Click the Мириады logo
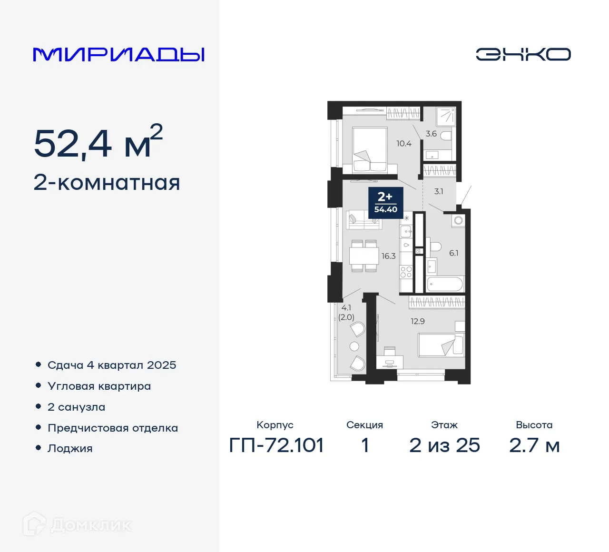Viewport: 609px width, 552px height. pyautogui.click(x=118, y=55)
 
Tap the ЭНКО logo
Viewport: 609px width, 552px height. pyautogui.click(x=523, y=54)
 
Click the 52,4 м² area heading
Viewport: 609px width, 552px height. pyautogui.click(x=98, y=142)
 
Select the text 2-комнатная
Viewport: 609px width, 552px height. pyautogui.click(x=107, y=183)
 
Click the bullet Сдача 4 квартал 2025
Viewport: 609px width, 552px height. pyautogui.click(x=112, y=365)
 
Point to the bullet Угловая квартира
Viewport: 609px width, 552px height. pyautogui.click(x=99, y=386)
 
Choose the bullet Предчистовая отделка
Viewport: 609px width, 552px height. pyautogui.click(x=113, y=428)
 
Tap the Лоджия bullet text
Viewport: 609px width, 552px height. pyautogui.click(x=70, y=448)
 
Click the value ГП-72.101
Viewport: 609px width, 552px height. pyautogui.click(x=276, y=445)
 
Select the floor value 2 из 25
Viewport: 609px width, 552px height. pyautogui.click(x=444, y=445)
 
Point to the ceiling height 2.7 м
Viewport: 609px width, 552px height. pyautogui.click(x=534, y=445)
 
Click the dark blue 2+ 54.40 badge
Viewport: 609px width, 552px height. pyautogui.click(x=386, y=202)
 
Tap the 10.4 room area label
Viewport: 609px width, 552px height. pyautogui.click(x=403, y=143)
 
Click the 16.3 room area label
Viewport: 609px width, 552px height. pyautogui.click(x=388, y=256)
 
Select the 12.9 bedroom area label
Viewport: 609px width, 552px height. pyautogui.click(x=417, y=321)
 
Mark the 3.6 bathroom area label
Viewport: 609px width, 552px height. pyautogui.click(x=431, y=134)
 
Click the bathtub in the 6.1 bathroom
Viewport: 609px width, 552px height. pyautogui.click(x=445, y=284)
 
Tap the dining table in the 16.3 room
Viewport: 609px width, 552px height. pyautogui.click(x=364, y=256)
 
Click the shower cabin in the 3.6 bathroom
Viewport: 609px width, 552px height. pyautogui.click(x=446, y=117)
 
